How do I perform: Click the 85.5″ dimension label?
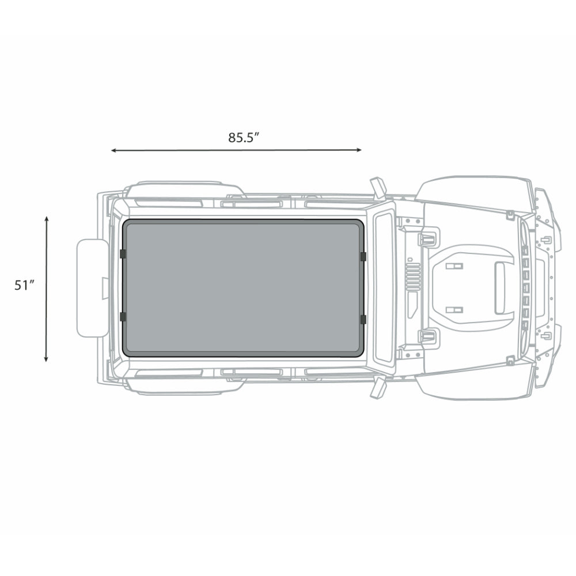(x=243, y=138)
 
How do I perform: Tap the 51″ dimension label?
(x=25, y=286)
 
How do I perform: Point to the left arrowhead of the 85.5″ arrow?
(x=113, y=150)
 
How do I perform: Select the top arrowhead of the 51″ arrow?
(x=46, y=219)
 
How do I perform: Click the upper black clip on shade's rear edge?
(x=123, y=254)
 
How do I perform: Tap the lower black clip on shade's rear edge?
(x=123, y=317)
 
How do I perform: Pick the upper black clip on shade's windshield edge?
(x=362, y=256)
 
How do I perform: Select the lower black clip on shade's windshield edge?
(x=362, y=319)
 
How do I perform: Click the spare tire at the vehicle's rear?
(x=92, y=287)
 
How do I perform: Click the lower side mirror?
(x=378, y=387)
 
